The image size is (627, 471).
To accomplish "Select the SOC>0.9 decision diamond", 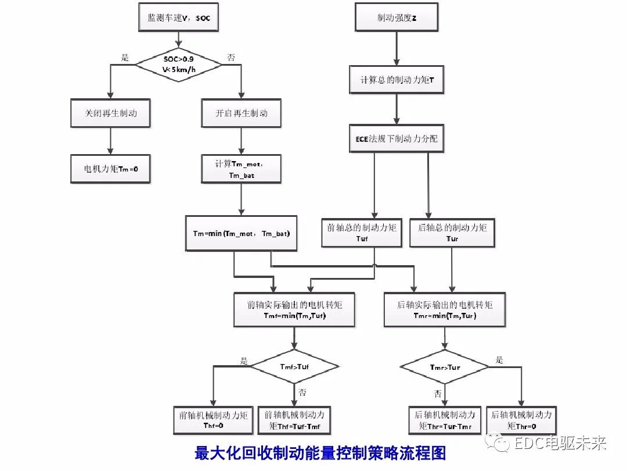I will pyautogui.click(x=179, y=65).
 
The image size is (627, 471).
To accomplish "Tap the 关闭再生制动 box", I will pyautogui.click(x=110, y=113).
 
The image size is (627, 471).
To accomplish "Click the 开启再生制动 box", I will pyautogui.click(x=241, y=113).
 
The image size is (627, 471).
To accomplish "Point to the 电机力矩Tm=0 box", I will pyautogui.click(x=110, y=169).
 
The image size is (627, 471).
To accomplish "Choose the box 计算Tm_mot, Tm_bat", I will pyautogui.click(x=241, y=169).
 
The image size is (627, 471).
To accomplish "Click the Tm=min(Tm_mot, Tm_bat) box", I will pyautogui.click(x=241, y=233).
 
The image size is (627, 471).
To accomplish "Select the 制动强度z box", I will pyautogui.click(x=396, y=17).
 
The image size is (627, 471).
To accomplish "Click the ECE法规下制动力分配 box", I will pyautogui.click(x=396, y=138).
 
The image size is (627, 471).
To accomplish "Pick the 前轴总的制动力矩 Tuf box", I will pyautogui.click(x=362, y=233).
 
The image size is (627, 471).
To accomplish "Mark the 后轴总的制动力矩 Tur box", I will pyautogui.click(x=452, y=233).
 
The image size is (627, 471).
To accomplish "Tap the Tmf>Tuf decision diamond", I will pyautogui.click(x=294, y=367).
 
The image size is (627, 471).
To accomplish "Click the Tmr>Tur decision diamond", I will pyautogui.click(x=445, y=367).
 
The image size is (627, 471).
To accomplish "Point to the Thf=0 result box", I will pyautogui.click(x=213, y=420).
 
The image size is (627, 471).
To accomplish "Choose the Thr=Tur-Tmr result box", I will pyautogui.click(x=445, y=420).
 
